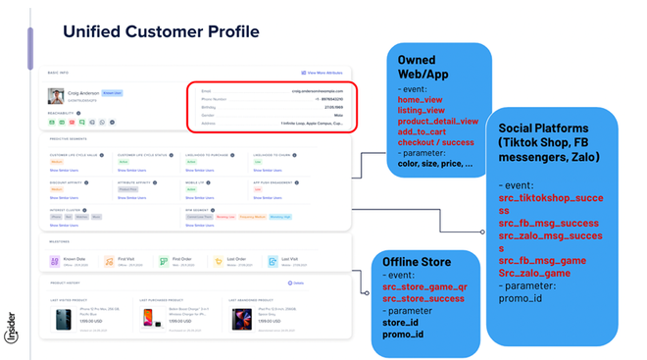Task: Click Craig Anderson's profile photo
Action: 55,96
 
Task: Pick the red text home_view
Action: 423,99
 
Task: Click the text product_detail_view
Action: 438,121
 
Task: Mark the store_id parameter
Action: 402,322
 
